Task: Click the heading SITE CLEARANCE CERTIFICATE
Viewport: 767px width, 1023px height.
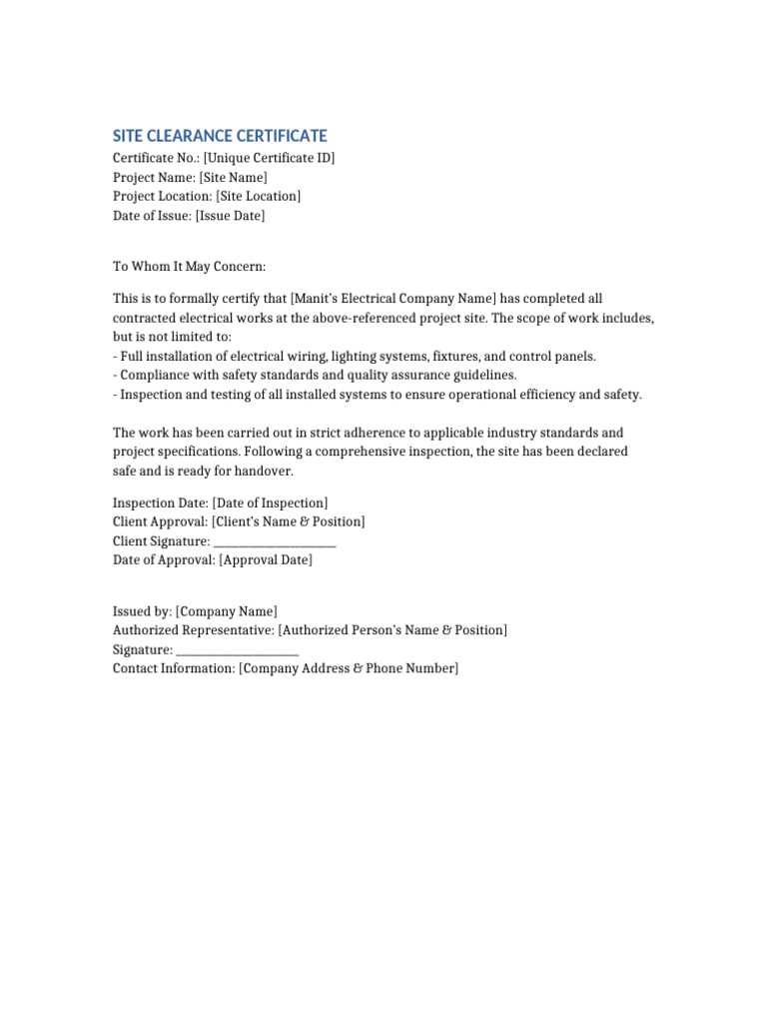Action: point(220,136)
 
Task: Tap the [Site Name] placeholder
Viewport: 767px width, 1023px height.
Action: point(233,177)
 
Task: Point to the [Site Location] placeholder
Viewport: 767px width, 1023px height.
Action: point(258,196)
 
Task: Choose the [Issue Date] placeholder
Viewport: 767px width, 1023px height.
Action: point(230,215)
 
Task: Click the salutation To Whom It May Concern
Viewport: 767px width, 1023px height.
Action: point(190,267)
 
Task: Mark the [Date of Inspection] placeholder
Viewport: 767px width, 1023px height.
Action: point(270,503)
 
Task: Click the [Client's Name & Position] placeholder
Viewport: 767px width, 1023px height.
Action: point(289,521)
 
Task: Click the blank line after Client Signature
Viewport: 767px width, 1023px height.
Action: point(275,541)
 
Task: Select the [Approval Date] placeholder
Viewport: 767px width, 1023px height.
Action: point(266,560)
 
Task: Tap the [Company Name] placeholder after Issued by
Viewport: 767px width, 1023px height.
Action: point(227,611)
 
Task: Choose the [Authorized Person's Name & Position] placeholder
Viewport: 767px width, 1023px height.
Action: point(392,630)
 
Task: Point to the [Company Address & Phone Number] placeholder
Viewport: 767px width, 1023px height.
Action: point(349,668)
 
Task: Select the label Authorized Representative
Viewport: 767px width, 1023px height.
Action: point(193,630)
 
